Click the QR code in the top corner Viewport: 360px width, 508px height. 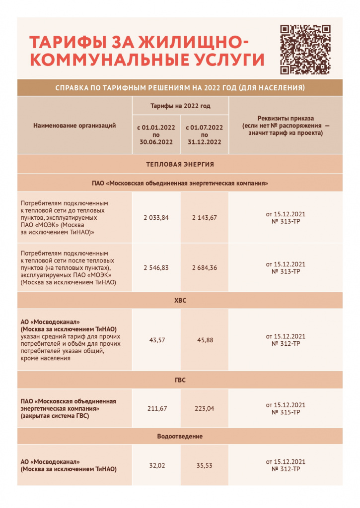pos(305,49)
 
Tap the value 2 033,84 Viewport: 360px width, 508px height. pos(156,218)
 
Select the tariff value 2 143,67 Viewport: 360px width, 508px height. pos(204,218)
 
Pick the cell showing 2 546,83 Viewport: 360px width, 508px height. pos(156,267)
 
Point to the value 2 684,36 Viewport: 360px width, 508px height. pos(204,267)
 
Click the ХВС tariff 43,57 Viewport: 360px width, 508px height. pos(156,340)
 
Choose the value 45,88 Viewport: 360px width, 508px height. pos(204,340)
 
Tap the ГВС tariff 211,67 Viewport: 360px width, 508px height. pos(156,408)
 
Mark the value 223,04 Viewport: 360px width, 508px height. pos(204,408)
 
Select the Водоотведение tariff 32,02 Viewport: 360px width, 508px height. pos(156,465)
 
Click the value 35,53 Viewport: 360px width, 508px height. pos(204,465)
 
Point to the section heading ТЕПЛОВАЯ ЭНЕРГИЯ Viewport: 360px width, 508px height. pos(180,164)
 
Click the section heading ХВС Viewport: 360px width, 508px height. pos(180,300)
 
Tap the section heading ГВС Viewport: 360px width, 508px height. pos(180,380)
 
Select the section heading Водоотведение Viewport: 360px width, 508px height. pos(180,436)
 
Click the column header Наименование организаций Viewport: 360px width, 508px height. pos(74,126)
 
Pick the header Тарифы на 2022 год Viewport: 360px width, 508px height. pos(180,106)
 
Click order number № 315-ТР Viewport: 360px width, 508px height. pos(286,412)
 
